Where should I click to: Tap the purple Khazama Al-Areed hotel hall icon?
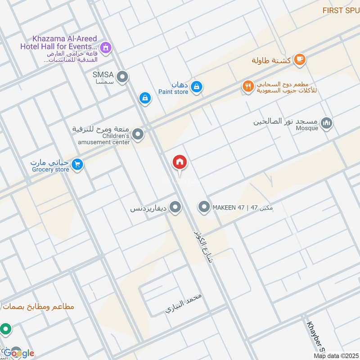106,47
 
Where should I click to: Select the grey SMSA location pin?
122,77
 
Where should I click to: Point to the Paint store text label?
173,92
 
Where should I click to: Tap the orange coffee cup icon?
299,59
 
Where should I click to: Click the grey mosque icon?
327,123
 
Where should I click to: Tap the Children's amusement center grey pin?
138,134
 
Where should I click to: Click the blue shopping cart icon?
78,165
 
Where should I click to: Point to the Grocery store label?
50,170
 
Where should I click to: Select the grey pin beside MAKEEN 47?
204,207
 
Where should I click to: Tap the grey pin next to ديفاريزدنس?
175,207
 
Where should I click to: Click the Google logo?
20,353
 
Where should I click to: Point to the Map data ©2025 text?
335,356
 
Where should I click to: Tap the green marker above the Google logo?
5,329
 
